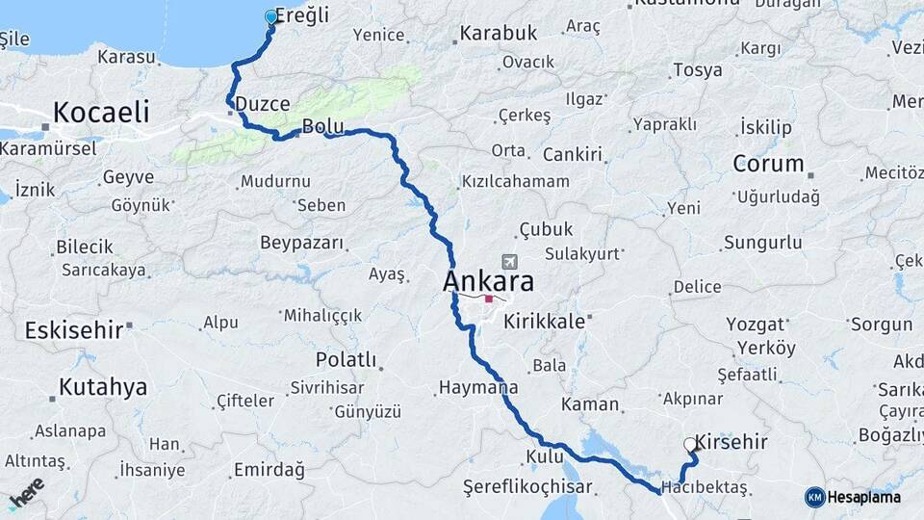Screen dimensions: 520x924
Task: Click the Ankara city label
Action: click(488, 282)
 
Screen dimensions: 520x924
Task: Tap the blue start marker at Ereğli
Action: click(270, 16)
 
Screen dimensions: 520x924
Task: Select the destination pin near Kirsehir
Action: click(690, 445)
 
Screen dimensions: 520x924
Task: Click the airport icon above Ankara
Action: click(508, 261)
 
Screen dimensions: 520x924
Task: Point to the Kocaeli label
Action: click(101, 112)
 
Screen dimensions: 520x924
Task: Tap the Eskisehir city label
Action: click(73, 330)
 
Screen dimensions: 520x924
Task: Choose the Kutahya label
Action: click(103, 387)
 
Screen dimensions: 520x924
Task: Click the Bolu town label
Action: click(321, 126)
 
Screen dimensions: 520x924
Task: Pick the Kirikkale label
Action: click(544, 322)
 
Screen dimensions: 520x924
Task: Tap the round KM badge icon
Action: click(814, 497)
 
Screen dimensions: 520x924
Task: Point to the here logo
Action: click(25, 492)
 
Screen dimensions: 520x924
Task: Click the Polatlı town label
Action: click(346, 359)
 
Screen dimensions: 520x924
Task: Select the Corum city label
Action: click(768, 163)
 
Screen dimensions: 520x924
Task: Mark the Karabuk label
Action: click(499, 33)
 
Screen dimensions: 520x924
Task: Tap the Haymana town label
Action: click(478, 388)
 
